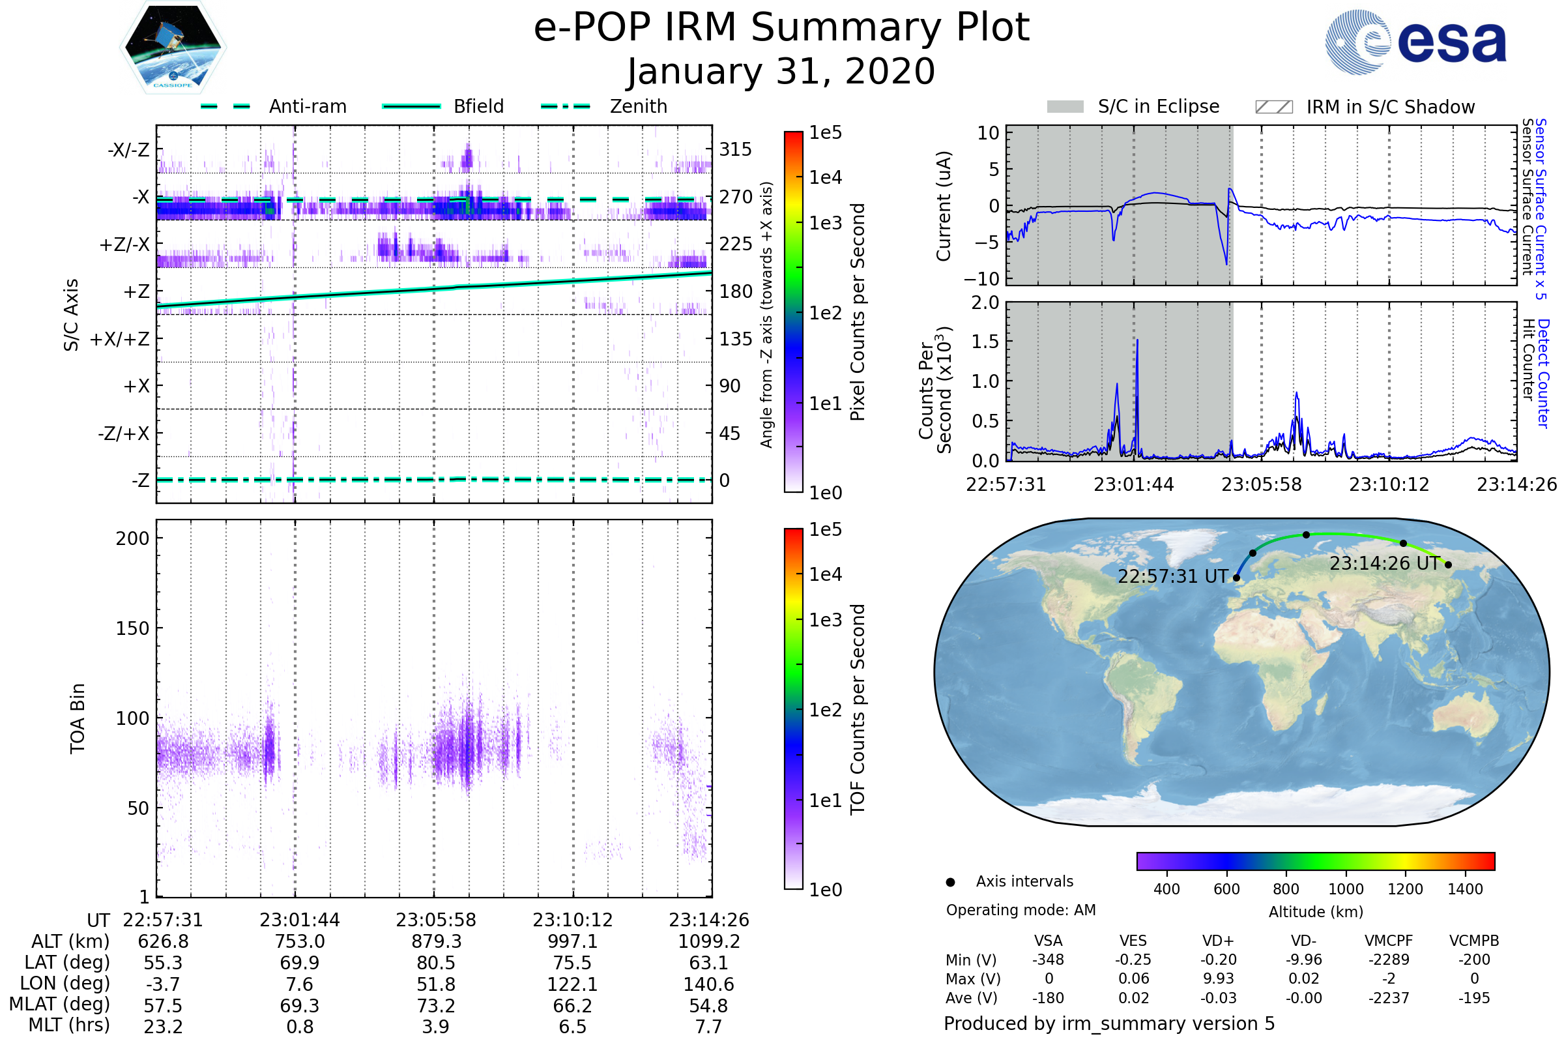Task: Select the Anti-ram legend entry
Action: [x=307, y=106]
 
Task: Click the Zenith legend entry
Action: [x=638, y=106]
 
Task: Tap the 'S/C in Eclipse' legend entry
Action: [x=1158, y=106]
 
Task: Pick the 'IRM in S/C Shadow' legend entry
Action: [x=1390, y=107]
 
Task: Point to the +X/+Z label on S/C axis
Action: [x=120, y=339]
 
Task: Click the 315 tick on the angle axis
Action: [x=735, y=149]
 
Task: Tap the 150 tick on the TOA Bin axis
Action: [x=132, y=628]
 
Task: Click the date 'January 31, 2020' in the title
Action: [x=781, y=72]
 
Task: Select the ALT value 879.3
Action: [x=436, y=941]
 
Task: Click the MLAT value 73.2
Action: [x=436, y=1005]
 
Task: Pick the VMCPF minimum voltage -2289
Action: [x=1389, y=960]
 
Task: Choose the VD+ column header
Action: [x=1217, y=941]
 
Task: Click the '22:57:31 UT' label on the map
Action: [x=1172, y=576]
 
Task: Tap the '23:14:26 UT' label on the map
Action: [x=1383, y=563]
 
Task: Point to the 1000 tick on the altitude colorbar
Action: [x=1345, y=889]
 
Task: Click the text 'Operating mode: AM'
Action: [x=1021, y=910]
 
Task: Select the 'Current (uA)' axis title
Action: [x=944, y=205]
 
